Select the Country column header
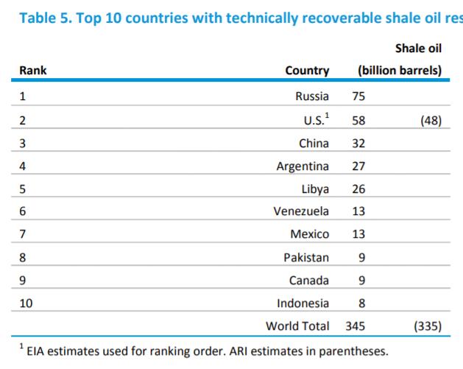(307, 71)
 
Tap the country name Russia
(312, 96)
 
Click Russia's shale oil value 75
(358, 96)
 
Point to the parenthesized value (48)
(431, 119)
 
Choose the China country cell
(314, 143)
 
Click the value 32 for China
(358, 143)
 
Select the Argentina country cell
(303, 166)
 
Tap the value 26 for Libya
(358, 189)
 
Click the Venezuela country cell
(301, 211)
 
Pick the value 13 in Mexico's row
(358, 234)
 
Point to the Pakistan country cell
(306, 257)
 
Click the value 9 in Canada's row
(358, 280)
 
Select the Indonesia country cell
(303, 303)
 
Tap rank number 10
(26, 303)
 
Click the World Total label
(297, 326)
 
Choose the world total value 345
(355, 326)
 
